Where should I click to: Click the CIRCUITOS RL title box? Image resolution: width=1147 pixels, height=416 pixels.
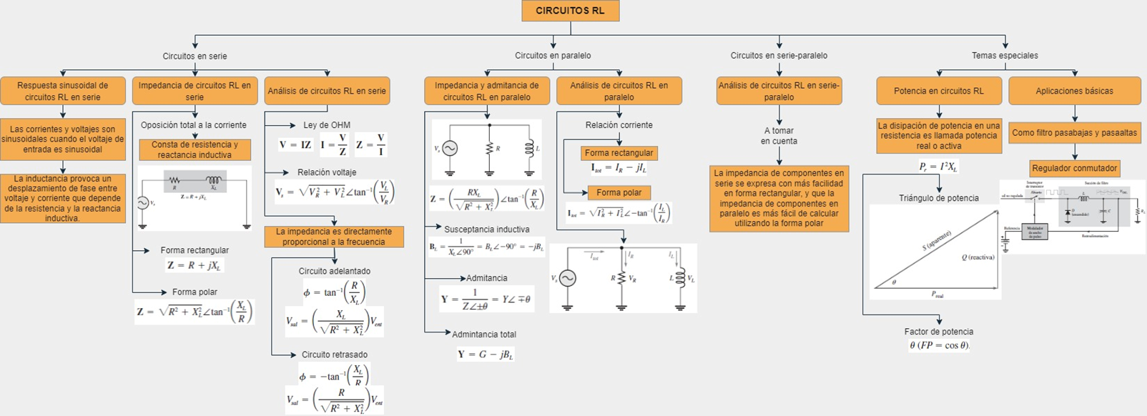pyautogui.click(x=570, y=11)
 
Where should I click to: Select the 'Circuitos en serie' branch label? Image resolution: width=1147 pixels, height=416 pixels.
pyautogui.click(x=195, y=56)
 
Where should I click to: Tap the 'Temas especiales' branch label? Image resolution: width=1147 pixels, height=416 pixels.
pyautogui.click(x=1005, y=55)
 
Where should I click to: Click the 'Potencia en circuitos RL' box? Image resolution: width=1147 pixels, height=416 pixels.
pyautogui.click(x=938, y=91)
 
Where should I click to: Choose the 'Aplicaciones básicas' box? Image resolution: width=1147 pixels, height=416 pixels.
pyautogui.click(x=1074, y=91)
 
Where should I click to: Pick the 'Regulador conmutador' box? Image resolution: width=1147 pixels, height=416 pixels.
pyautogui.click(x=1074, y=168)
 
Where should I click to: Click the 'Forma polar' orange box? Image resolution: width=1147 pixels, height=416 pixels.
pyautogui.click(x=619, y=192)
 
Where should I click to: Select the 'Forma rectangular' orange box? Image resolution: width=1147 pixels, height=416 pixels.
pyautogui.click(x=619, y=153)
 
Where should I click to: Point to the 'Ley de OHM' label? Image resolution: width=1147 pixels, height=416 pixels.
pyautogui.click(x=327, y=125)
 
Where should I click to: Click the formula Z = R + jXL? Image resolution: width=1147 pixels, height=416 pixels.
pyautogui.click(x=195, y=265)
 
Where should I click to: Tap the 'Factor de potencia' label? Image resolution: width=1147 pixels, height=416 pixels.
pyautogui.click(x=938, y=332)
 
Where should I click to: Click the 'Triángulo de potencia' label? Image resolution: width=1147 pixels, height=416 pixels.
pyautogui.click(x=938, y=198)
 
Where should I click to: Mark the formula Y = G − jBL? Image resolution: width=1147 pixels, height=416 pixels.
pyautogui.click(x=486, y=355)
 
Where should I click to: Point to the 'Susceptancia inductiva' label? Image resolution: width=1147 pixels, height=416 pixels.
pyautogui.click(x=487, y=229)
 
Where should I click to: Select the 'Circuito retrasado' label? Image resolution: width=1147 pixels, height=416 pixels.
pyautogui.click(x=335, y=355)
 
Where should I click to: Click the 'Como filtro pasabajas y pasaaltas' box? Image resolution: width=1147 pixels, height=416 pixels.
pyautogui.click(x=1074, y=132)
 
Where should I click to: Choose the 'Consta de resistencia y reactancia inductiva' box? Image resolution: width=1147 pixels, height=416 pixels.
pyautogui.click(x=195, y=149)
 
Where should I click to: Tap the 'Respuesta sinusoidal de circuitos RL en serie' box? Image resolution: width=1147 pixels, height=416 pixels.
pyautogui.click(x=63, y=91)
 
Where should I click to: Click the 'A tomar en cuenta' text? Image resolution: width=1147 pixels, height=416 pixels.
pyautogui.click(x=779, y=136)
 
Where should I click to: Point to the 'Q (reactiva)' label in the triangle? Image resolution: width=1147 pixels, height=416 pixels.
pyautogui.click(x=978, y=257)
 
